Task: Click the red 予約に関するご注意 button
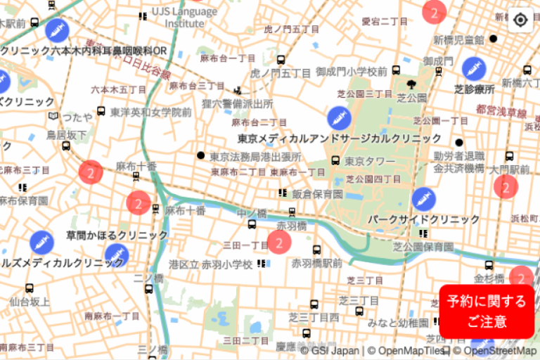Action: (487, 311)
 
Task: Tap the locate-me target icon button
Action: (520, 19)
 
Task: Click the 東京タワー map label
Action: (370, 161)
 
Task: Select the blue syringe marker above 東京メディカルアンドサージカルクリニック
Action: (339, 117)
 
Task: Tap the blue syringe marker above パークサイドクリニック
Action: (423, 199)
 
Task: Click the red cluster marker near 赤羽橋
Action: (279, 243)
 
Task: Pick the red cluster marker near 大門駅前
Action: (505, 186)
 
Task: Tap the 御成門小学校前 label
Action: (352, 71)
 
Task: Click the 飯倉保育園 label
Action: (317, 193)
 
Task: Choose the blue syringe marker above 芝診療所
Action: (473, 68)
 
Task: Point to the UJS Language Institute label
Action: (184, 17)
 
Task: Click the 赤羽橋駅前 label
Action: (316, 263)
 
